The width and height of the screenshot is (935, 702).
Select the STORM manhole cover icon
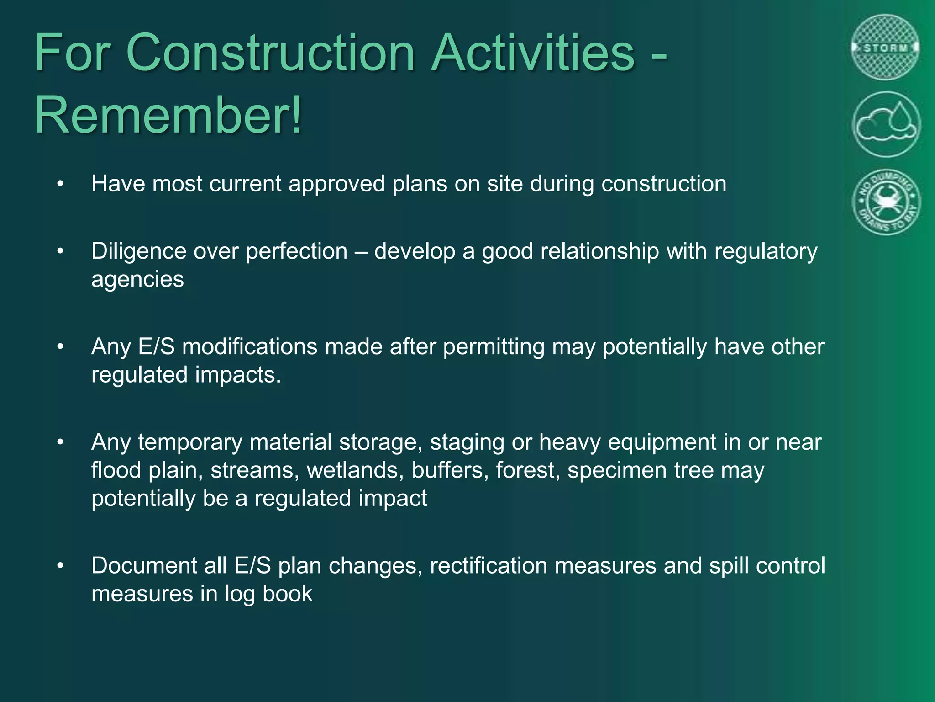[886, 48]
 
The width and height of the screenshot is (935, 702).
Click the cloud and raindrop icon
[886, 124]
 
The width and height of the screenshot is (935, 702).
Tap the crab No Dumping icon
[886, 202]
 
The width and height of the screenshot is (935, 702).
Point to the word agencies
[137, 279]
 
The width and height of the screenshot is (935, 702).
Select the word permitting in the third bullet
[494, 347]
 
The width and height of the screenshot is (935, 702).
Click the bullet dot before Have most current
[60, 184]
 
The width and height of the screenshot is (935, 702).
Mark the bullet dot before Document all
[60, 566]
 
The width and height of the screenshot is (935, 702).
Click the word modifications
[250, 347]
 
